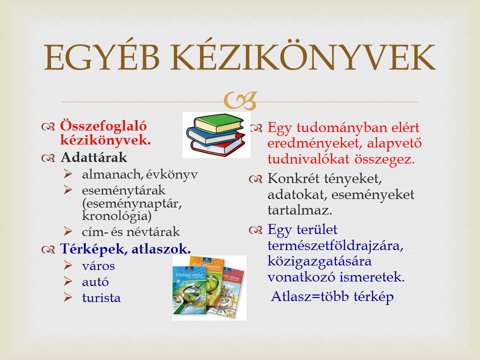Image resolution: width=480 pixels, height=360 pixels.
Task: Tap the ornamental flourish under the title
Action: pyautogui.click(x=240, y=101)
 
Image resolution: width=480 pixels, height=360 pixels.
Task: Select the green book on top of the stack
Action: pyautogui.click(x=219, y=123)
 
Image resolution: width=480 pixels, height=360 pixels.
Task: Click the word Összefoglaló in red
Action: pyautogui.click(x=103, y=126)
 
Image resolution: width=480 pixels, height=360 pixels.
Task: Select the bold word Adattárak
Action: pyautogui.click(x=93, y=157)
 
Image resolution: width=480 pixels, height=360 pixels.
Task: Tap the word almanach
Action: pyautogui.click(x=111, y=174)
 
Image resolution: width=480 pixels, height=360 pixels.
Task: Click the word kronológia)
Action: pyautogui.click(x=117, y=216)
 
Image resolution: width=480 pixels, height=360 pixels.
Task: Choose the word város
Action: pyautogui.click(x=98, y=265)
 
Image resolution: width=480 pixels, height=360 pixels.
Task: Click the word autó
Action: pyautogui.click(x=95, y=281)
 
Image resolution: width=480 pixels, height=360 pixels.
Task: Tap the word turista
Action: pyautogui.click(x=101, y=297)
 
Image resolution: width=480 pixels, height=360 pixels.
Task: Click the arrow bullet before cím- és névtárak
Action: pyautogui.click(x=68, y=231)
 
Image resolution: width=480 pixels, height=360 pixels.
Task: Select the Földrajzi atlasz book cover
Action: pyautogui.click(x=190, y=290)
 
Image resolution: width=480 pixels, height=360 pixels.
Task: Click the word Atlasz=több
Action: pyautogui.click(x=310, y=296)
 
